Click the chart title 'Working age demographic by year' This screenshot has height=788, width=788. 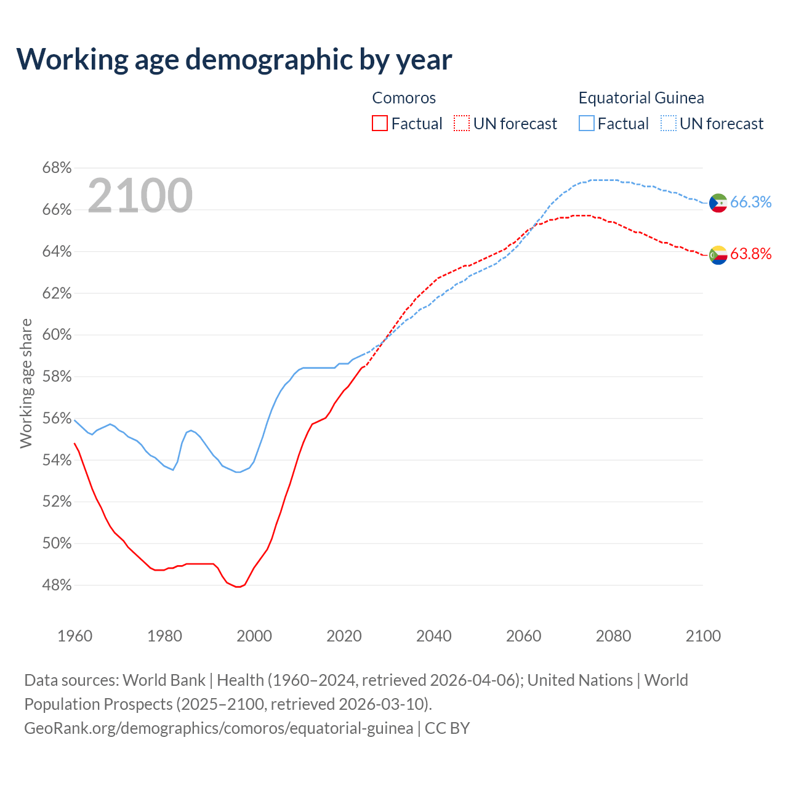pos(234,59)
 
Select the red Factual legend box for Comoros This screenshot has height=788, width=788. pos(380,124)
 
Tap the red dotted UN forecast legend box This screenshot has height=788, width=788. pos(462,124)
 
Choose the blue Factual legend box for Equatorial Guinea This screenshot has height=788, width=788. pos(587,124)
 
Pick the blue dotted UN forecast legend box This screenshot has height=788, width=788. pos(669,124)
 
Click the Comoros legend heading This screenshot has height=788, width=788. pos(404,98)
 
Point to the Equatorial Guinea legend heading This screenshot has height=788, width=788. pos(641,98)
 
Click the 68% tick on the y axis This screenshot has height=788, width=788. pos(57,168)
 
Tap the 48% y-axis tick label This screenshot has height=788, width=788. pos(57,585)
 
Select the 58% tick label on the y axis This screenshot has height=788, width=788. pos(57,377)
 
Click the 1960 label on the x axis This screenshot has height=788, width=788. pos(74,636)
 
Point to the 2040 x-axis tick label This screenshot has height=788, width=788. pos(434,636)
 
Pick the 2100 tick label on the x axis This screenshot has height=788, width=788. pos(703,636)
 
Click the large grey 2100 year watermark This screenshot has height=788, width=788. pos(140,196)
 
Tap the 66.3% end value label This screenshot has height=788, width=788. pos(750,203)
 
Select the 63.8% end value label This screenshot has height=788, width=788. pos(750,254)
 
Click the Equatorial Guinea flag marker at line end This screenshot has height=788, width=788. pos(718,203)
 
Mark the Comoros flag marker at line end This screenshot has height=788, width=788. pos(718,254)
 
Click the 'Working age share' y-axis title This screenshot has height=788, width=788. pos(26,383)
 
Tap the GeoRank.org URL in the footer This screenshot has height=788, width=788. pos(219,728)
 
